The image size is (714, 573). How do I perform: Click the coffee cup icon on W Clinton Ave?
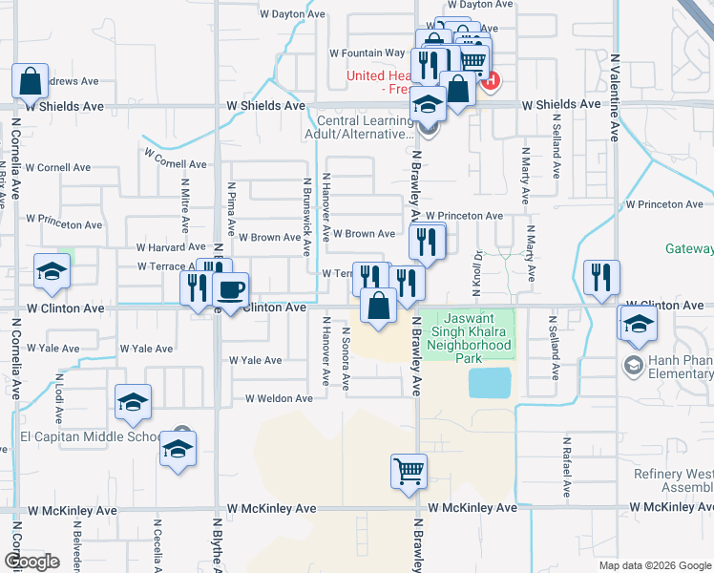(229, 289)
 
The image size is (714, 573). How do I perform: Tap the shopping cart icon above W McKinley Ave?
(409, 471)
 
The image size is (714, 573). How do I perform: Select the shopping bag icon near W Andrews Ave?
(30, 82)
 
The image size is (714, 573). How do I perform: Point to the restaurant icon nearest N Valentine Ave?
(601, 278)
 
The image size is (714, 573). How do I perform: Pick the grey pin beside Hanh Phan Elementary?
(633, 365)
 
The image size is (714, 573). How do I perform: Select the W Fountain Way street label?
(367, 53)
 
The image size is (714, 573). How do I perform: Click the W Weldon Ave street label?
(279, 398)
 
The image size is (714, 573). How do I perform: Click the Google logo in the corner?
(31, 562)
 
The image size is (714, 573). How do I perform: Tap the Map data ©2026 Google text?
(654, 565)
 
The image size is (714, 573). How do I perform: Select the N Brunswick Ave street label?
(307, 217)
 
